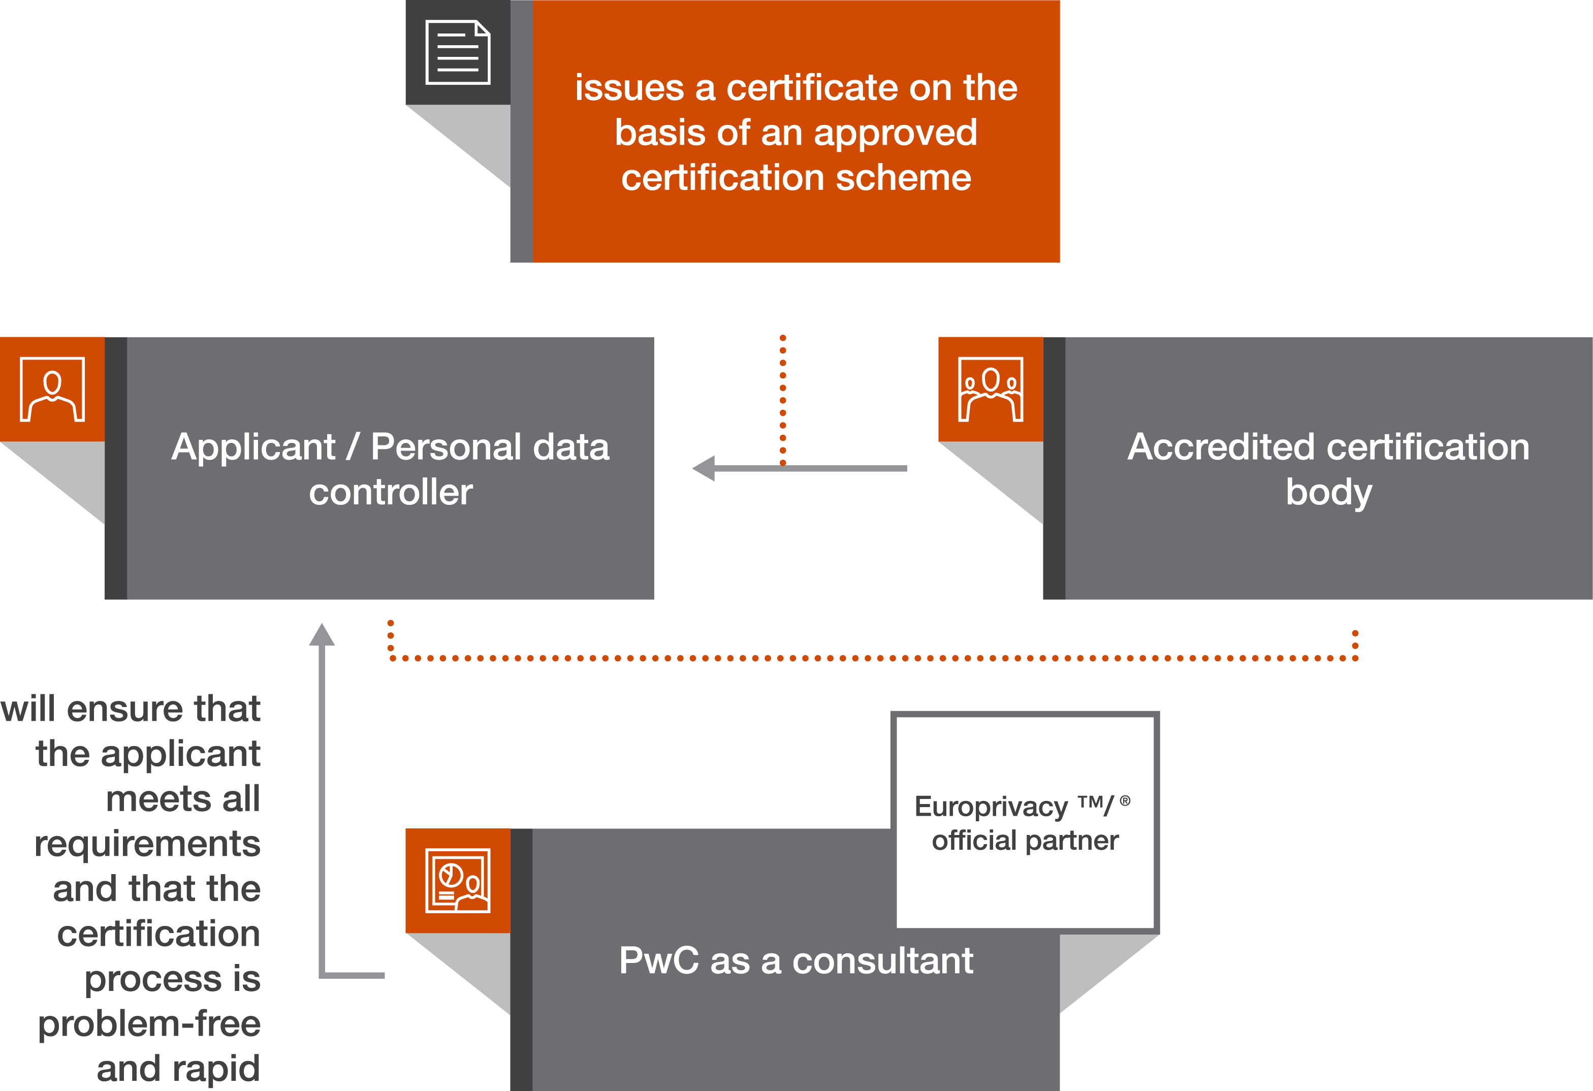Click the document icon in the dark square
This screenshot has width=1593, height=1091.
click(x=457, y=53)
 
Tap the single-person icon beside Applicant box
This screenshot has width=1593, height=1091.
click(x=52, y=389)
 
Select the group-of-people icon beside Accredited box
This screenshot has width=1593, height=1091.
click(x=990, y=389)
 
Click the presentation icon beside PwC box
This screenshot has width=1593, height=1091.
click(x=457, y=881)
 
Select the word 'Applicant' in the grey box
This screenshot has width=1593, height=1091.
click(x=253, y=447)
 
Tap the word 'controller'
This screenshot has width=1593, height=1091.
click(x=390, y=492)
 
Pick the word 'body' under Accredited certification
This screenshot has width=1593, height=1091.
click(x=1328, y=492)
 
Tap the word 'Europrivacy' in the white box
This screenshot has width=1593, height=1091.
click(x=990, y=807)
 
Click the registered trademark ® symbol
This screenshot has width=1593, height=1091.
click(x=1125, y=800)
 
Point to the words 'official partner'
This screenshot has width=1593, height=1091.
click(x=1025, y=840)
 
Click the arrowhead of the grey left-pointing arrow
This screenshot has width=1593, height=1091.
click(x=704, y=469)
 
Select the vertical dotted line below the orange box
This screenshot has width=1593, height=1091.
click(x=783, y=398)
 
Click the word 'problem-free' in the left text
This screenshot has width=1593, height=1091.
click(x=149, y=1024)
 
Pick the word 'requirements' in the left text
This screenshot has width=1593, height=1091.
click(x=147, y=844)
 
